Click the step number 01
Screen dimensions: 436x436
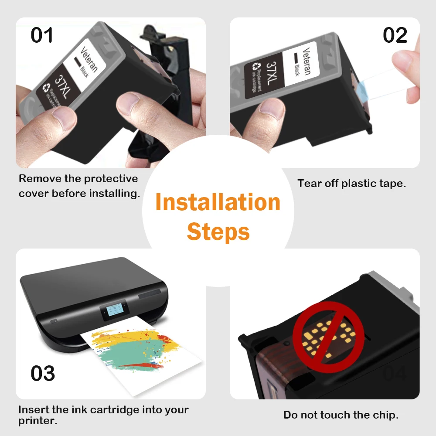click(42, 35)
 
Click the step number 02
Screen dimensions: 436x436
click(395, 35)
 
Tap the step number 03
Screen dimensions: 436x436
click(43, 374)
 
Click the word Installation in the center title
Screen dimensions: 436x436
click(218, 203)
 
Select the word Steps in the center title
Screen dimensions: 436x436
click(218, 232)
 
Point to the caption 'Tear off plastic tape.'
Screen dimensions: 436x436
click(351, 184)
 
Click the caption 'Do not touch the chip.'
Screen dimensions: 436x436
click(341, 415)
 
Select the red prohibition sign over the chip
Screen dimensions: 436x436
click(328, 334)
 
